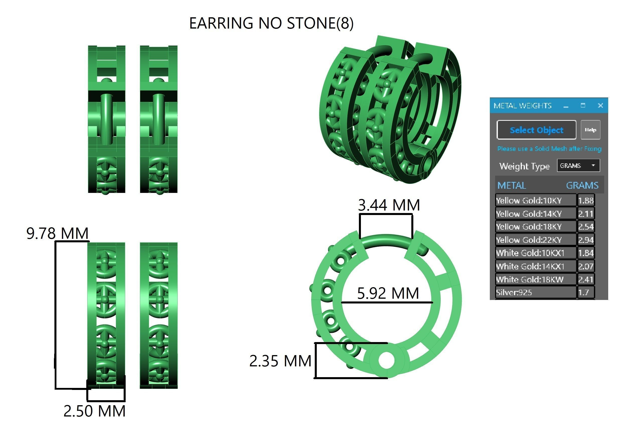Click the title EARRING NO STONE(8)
pos(271,23)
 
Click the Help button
pos(590,130)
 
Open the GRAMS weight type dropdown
pos(578,166)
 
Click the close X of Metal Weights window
pos(600,106)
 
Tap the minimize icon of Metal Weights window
pos(566,106)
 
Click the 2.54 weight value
pos(586,227)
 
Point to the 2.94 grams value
pos(586,240)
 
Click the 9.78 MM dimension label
pos(57,233)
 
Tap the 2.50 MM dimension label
pos(95,411)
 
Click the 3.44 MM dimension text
pos(388,205)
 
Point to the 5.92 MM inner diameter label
pos(388,293)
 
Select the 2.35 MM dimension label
pos(280,361)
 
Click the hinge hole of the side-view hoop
pos(386,360)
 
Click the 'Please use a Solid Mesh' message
pos(549,149)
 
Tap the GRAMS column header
pos(582,185)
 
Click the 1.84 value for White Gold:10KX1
pos(586,253)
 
